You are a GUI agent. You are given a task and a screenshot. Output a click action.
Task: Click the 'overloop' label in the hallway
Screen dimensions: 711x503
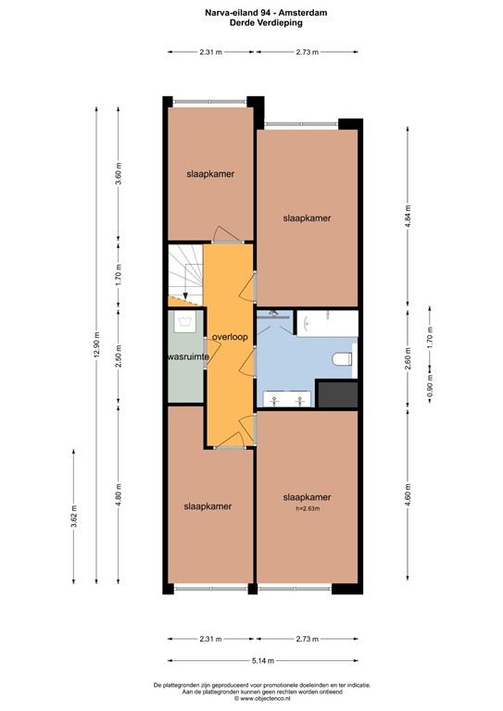click(x=229, y=337)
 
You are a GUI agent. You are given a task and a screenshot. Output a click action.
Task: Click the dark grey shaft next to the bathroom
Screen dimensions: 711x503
click(x=337, y=393)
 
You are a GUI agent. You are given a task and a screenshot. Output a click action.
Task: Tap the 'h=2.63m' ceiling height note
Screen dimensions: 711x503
click(x=307, y=507)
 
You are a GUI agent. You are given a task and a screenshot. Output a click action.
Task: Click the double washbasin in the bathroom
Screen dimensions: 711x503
click(x=285, y=399)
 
